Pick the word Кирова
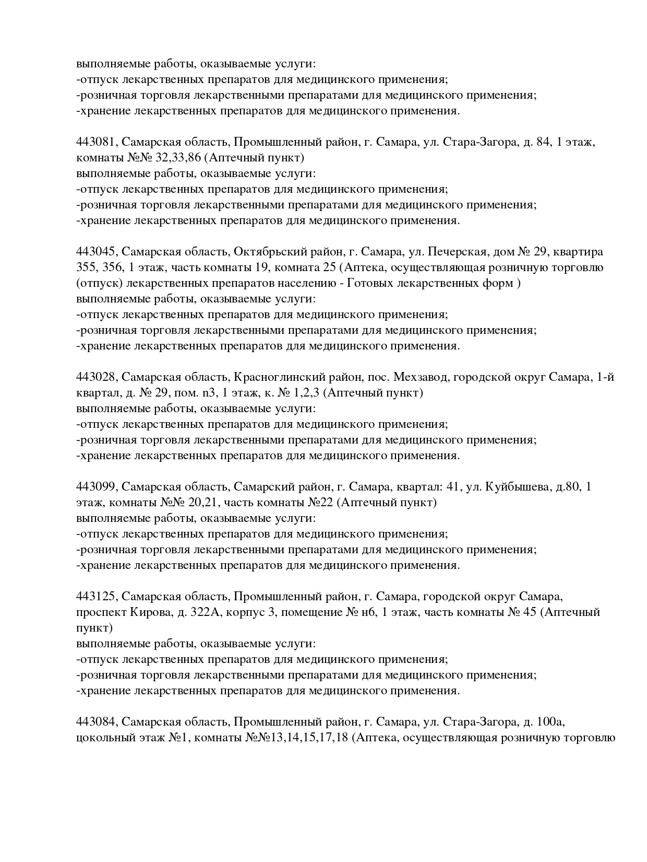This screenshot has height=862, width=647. (153, 612)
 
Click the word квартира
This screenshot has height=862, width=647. (578, 252)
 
